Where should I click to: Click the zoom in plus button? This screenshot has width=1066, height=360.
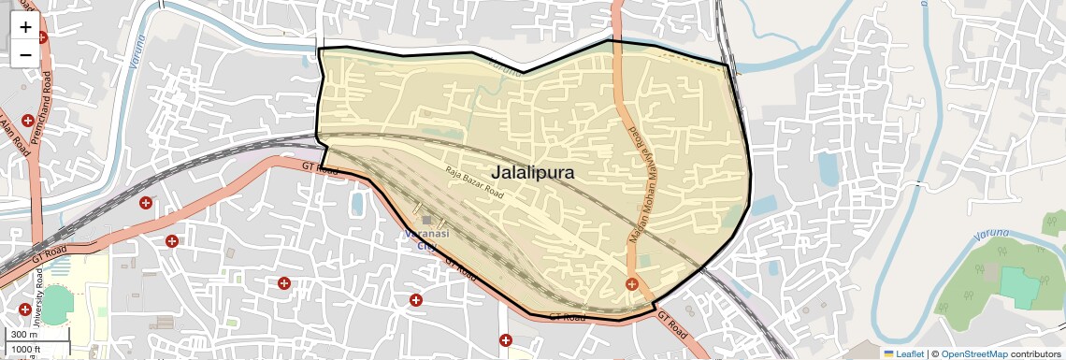(25, 27)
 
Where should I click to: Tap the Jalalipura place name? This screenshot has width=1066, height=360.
(532, 172)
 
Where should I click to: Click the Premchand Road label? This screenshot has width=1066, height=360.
(43, 104)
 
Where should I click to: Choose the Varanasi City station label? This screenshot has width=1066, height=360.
(426, 238)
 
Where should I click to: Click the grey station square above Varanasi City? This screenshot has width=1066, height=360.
(426, 220)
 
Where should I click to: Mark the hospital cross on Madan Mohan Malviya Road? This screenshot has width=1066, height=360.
(632, 283)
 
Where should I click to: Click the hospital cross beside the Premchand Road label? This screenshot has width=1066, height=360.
(29, 122)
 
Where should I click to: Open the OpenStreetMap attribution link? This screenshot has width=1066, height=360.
(973, 353)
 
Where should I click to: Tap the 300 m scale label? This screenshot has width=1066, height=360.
(24, 335)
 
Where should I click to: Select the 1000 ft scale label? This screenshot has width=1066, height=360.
(26, 349)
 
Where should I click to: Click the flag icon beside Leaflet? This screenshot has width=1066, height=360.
(889, 353)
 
